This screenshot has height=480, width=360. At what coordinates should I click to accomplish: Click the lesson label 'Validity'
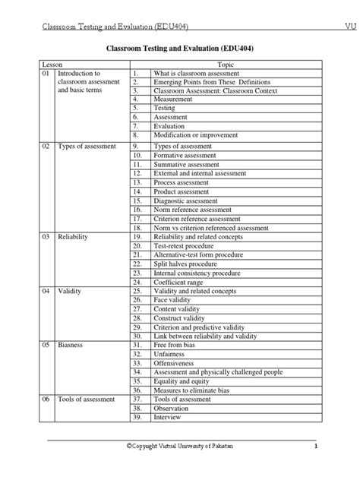pos(70,291)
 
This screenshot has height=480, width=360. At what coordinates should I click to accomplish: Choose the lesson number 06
pos(46,399)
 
